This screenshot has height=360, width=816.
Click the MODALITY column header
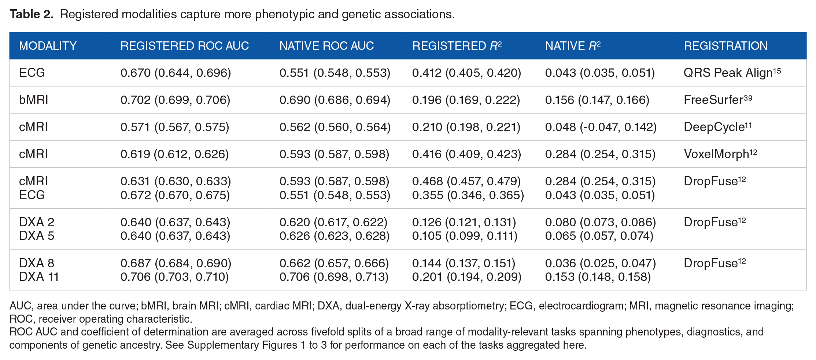point(48,46)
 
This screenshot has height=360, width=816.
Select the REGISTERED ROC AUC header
point(185,46)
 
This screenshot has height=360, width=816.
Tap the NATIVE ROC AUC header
point(326,46)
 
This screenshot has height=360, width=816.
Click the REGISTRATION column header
point(725,46)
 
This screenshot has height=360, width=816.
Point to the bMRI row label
point(33,100)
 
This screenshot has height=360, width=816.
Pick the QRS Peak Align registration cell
point(732,73)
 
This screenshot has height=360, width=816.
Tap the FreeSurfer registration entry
point(718,100)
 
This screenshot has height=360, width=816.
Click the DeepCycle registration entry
point(718,127)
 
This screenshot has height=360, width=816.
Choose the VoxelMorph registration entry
point(720,154)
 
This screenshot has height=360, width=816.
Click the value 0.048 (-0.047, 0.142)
point(601,127)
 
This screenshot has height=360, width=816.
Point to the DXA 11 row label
point(39,277)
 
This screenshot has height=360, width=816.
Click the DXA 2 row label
point(37,222)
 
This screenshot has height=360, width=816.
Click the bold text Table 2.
point(32,14)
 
